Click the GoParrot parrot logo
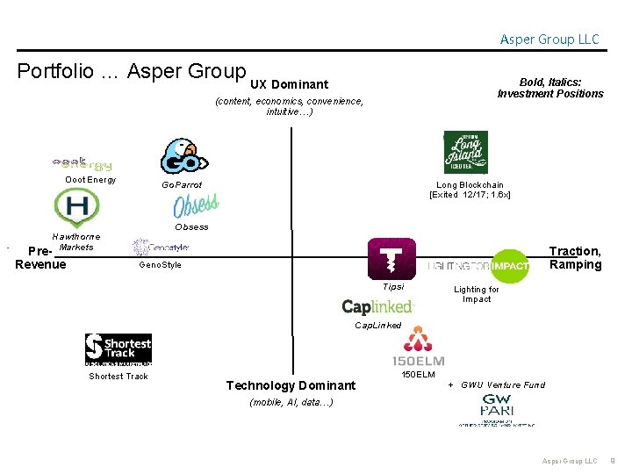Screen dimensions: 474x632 point(183,156)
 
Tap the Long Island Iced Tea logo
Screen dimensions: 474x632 point(465,153)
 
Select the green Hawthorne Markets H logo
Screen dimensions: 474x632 point(75,208)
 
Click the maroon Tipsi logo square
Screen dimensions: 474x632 point(391,260)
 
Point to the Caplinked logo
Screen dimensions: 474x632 point(377,306)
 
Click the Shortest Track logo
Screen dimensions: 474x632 point(118,349)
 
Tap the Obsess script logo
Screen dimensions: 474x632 point(195,206)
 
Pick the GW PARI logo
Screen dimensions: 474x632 point(497,410)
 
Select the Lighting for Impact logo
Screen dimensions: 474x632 point(479,266)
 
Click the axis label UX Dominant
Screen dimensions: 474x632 point(289,84)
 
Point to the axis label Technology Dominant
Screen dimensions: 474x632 point(291,385)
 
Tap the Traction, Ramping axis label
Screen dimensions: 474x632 point(575,258)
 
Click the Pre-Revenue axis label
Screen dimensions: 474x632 point(40,258)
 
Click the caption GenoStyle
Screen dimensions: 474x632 point(161,265)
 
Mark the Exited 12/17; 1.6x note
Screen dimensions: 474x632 point(470,194)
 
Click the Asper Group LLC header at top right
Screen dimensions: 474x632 point(549,39)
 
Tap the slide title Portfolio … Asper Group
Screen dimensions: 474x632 point(132,71)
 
